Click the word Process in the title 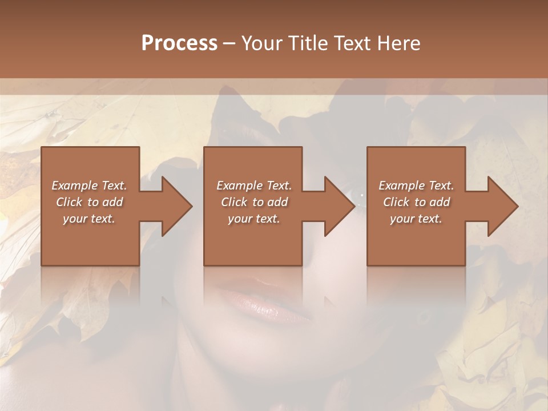tap(179, 43)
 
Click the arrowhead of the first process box tap(177, 206)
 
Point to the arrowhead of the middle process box tap(340, 206)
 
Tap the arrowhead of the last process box tap(503, 206)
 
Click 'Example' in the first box tap(75, 186)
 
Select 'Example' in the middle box tap(239, 186)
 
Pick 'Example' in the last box tap(401, 186)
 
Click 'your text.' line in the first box tap(89, 219)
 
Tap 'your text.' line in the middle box tap(253, 219)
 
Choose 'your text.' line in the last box tap(416, 219)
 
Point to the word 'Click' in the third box tap(396, 202)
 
